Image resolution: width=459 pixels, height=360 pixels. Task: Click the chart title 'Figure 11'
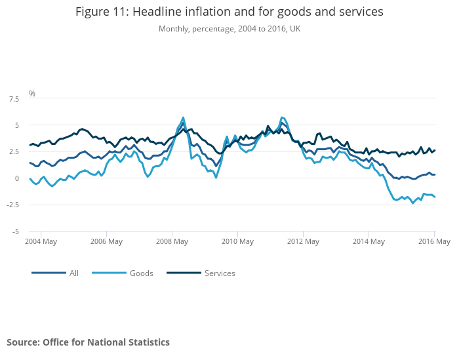pos(229,12)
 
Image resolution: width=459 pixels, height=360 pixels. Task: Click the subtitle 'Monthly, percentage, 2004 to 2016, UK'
pos(229,29)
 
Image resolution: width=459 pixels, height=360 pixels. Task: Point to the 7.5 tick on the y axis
pos(13,99)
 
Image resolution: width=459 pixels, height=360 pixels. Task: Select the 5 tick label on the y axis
pos(16,125)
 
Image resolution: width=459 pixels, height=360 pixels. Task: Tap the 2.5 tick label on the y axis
pos(13,152)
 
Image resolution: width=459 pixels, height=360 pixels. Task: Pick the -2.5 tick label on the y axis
pos(12,205)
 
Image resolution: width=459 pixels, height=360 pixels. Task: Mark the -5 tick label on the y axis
pos(14,231)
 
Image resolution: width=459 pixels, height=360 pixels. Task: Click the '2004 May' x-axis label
pos(41,241)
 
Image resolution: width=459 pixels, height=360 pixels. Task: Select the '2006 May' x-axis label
pos(106,241)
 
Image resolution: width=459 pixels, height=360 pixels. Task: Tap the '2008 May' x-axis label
pos(172,241)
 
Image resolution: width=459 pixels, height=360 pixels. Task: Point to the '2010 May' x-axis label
pos(237,241)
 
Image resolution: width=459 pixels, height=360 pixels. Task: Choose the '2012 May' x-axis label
pos(303,241)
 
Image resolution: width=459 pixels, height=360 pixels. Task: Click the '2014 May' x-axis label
pos(369,241)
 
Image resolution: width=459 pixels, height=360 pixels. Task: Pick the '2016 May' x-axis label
pos(434,241)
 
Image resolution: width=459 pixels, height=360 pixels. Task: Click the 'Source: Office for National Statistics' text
pos(88,342)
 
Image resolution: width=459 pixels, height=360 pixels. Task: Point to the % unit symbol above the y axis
pos(31,93)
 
